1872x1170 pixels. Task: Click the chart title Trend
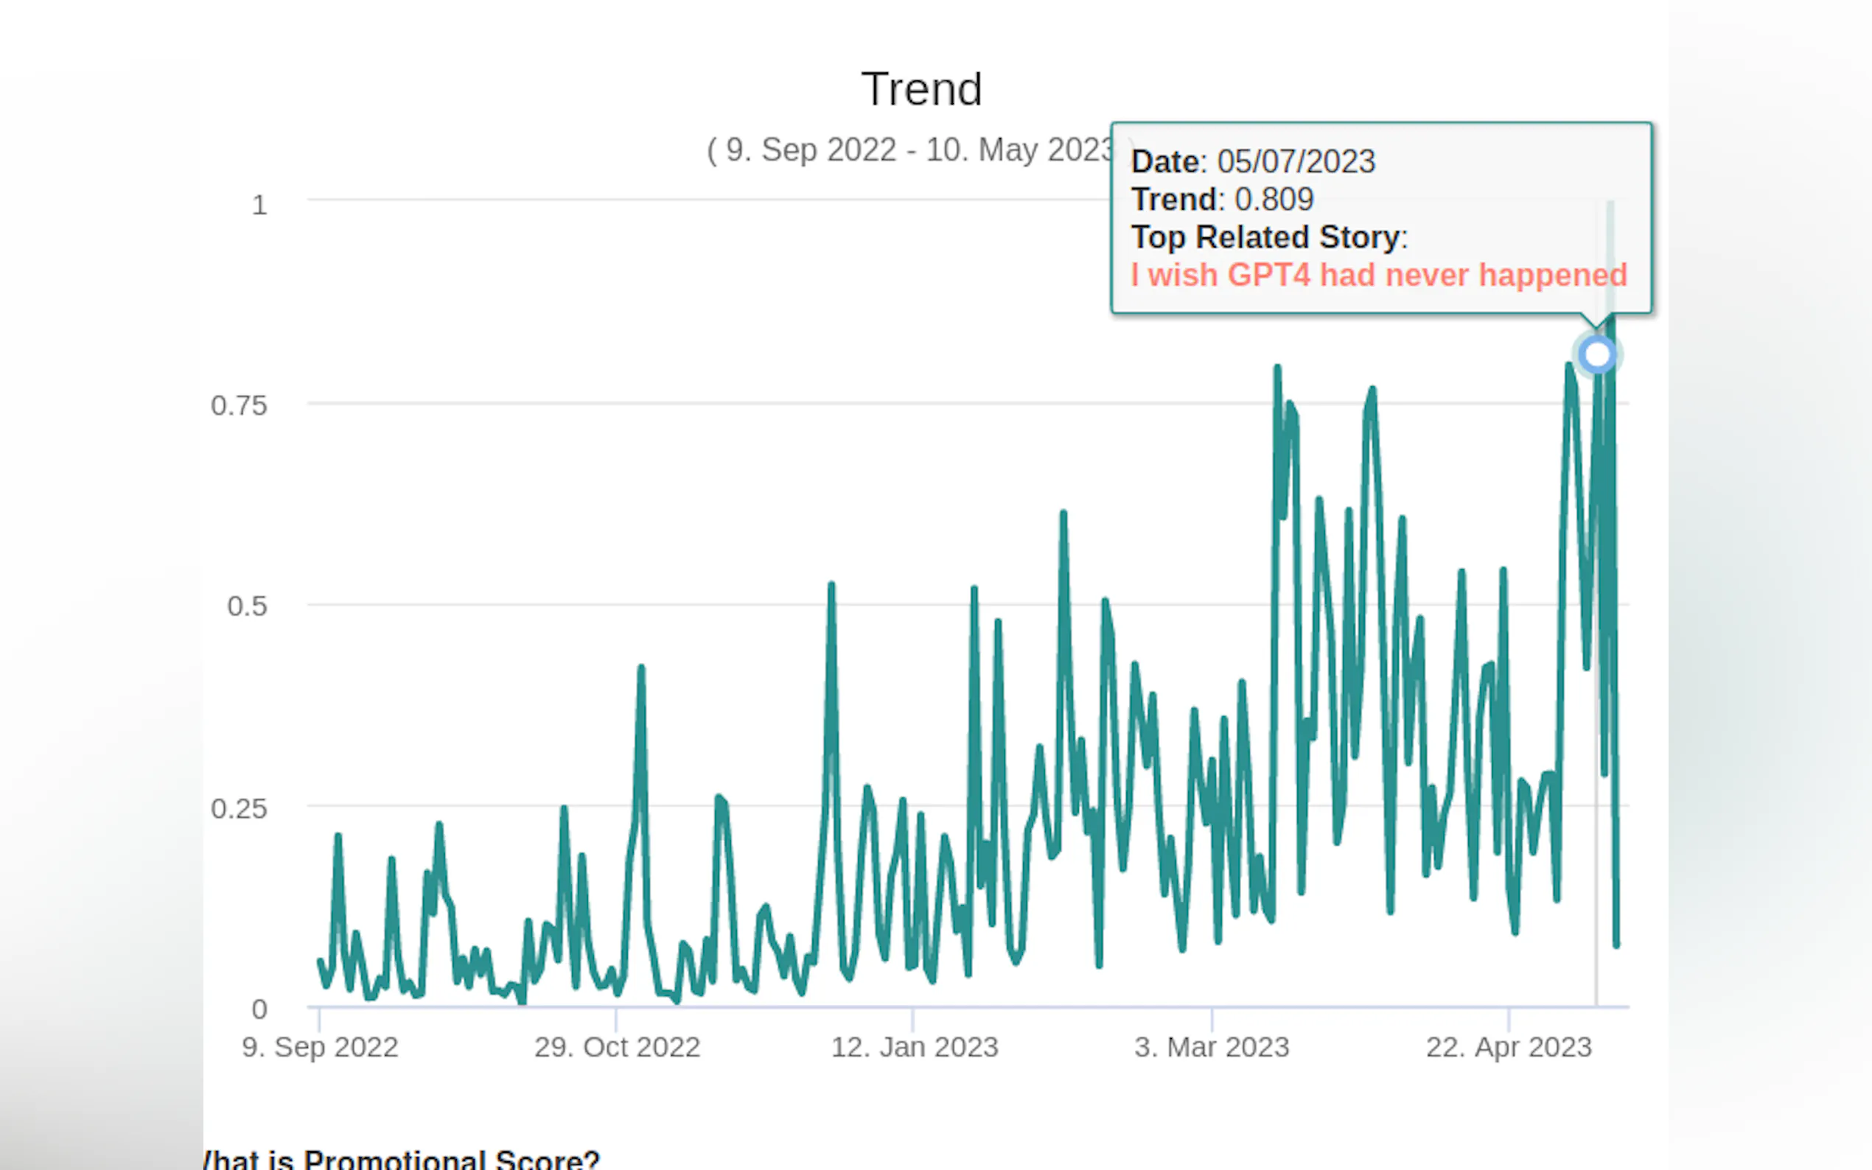921,89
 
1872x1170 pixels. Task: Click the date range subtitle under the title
909,150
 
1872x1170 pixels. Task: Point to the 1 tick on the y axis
259,205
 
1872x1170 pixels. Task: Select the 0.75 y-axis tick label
239,405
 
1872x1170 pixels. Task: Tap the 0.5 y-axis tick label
247,606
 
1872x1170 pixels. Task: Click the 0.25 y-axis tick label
239,809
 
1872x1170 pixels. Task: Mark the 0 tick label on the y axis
259,1009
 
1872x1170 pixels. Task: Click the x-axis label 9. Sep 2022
320,1047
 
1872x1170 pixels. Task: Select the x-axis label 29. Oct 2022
617,1047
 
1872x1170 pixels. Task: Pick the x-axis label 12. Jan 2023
914,1047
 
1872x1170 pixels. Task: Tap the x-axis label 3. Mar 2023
1211,1047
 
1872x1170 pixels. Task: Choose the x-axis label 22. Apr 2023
1508,1047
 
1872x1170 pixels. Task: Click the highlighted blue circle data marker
1597,354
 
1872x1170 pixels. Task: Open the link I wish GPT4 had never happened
1379,275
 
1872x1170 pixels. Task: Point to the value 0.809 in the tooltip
1274,200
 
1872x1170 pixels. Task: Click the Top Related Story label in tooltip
1265,237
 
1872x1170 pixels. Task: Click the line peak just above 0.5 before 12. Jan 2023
831,585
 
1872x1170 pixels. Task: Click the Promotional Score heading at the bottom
402,1159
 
